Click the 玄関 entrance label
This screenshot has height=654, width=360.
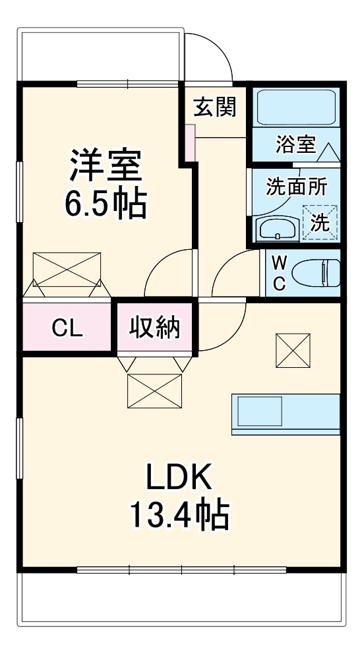coord(214,107)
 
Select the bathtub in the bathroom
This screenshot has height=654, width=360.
coord(296,107)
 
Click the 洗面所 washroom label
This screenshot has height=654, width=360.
coord(296,187)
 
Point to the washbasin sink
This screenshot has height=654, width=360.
coord(276,229)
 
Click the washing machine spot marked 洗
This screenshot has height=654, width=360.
coord(320,222)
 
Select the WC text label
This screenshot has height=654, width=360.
coord(279,273)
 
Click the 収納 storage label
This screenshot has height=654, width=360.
coord(155,327)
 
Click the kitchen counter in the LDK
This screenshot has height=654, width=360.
coord(285,414)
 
